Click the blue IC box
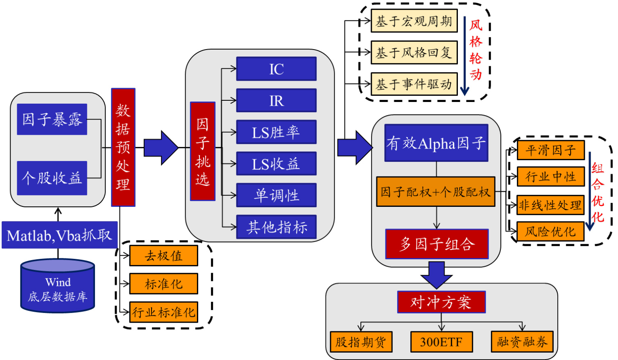tap(276, 69)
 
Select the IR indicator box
tap(276, 100)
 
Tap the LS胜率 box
tap(276, 132)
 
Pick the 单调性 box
tap(276, 195)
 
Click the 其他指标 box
tap(276, 227)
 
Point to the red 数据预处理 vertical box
tap(123, 147)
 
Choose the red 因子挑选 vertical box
tap(202, 151)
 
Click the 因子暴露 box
tap(52, 119)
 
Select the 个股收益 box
tap(52, 178)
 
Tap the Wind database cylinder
tap(58, 287)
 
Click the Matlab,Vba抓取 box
tap(59, 235)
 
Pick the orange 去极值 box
tap(163, 256)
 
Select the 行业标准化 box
tap(163, 312)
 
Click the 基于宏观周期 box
tap(414, 21)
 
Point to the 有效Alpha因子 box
tap(436, 143)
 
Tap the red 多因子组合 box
tap(437, 244)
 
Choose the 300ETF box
tap(441, 342)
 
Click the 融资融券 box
tap(522, 342)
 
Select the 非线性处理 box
tap(550, 205)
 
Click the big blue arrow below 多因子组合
tap(437, 274)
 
